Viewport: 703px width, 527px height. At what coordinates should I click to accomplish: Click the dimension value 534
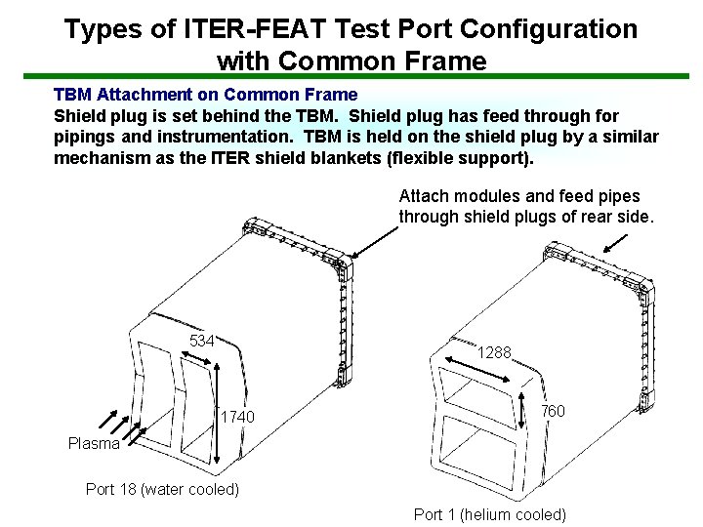tap(202, 341)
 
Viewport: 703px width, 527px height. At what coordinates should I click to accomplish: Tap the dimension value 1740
tap(237, 418)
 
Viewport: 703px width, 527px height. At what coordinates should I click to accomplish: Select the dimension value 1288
tap(494, 352)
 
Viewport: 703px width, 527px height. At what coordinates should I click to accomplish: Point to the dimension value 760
tap(553, 411)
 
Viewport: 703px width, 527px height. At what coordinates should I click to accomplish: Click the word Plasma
tap(94, 444)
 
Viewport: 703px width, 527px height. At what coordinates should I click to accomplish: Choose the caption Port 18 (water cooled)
tap(162, 489)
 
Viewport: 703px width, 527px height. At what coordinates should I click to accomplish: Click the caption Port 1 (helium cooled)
tap(490, 514)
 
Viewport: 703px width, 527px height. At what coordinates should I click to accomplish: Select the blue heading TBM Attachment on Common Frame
tap(205, 95)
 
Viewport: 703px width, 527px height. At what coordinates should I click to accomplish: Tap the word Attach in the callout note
tap(424, 195)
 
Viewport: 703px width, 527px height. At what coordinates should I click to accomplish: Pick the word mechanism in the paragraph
tap(101, 158)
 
